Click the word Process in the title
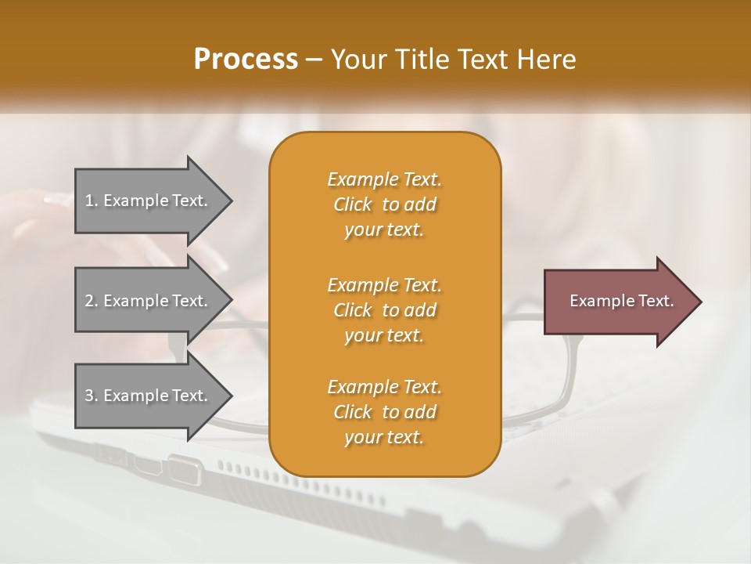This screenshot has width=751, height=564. tap(246, 59)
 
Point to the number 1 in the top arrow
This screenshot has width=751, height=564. tap(88, 201)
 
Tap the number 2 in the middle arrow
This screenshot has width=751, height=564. tap(88, 301)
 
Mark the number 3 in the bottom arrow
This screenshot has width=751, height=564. tap(88, 396)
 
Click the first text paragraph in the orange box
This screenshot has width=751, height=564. tap(385, 204)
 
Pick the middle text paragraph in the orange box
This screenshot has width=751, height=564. tap(385, 309)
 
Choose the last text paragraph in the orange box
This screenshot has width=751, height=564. tap(385, 412)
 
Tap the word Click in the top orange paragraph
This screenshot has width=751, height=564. tap(353, 204)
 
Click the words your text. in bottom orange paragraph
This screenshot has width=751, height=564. tap(384, 437)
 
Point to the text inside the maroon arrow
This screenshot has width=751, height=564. tap(622, 301)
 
